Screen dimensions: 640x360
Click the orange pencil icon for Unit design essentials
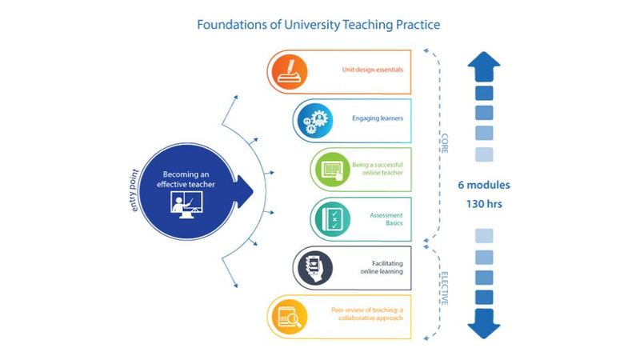point(290,72)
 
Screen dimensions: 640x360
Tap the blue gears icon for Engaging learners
point(314,121)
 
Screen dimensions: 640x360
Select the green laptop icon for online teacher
point(332,170)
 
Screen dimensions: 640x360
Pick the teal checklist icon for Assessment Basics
point(332,218)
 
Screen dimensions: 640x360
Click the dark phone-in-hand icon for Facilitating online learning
point(314,268)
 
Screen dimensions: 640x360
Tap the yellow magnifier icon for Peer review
point(290,317)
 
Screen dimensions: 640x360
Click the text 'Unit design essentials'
point(372,70)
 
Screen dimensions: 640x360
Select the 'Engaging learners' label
point(378,118)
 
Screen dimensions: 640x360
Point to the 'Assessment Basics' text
point(386,219)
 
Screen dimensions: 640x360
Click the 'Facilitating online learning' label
point(382,267)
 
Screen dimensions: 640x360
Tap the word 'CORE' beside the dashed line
point(445,143)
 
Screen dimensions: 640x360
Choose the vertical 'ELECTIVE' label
point(445,289)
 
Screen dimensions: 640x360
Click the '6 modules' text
point(484,185)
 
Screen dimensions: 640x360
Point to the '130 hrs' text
point(484,204)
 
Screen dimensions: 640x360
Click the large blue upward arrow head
point(484,66)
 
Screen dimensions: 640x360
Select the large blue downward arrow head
point(484,324)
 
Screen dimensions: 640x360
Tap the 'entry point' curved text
point(134,190)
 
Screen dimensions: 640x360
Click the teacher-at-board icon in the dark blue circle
point(186,205)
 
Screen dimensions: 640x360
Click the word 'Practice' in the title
point(418,25)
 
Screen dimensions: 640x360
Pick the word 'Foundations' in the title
point(231,25)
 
